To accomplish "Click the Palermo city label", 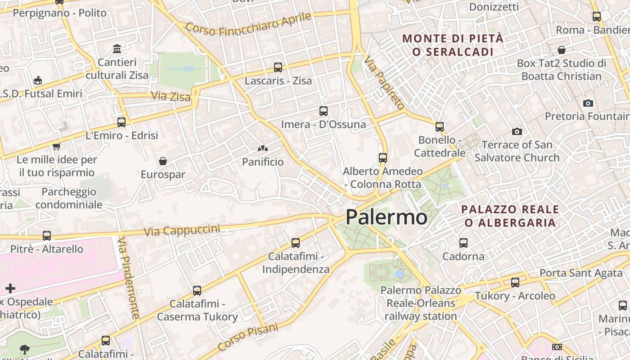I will (x=386, y=217).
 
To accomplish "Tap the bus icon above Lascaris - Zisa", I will (x=278, y=67).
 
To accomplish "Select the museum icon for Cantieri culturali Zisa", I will (x=117, y=49).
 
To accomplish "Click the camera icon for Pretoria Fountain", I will (x=588, y=103).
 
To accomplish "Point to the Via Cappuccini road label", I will (x=182, y=230).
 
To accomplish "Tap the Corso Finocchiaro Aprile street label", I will (x=248, y=24).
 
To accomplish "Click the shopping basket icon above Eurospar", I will (x=163, y=161).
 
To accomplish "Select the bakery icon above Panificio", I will (x=263, y=148).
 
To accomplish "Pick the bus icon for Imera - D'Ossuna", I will (x=323, y=111).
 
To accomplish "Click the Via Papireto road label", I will (x=385, y=83).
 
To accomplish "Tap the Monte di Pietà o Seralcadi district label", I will (x=453, y=45).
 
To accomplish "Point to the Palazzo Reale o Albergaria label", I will (x=510, y=216).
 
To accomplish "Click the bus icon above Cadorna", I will (x=463, y=243).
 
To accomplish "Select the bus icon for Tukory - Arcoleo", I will (x=515, y=283).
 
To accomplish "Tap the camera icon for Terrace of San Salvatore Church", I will (x=517, y=131).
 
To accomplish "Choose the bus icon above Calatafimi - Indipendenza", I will (x=296, y=243).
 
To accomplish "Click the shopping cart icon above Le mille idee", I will (x=56, y=146).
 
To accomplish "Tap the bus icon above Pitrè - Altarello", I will (x=47, y=235).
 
